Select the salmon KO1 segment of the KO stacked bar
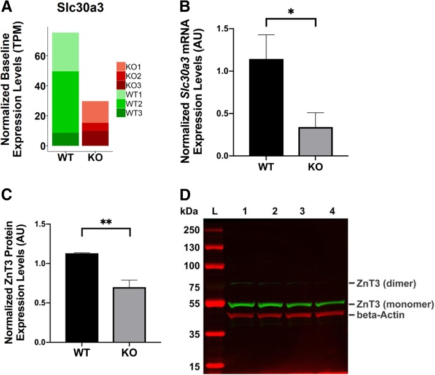95,111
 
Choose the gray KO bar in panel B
315,133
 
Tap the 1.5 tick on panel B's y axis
235,29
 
